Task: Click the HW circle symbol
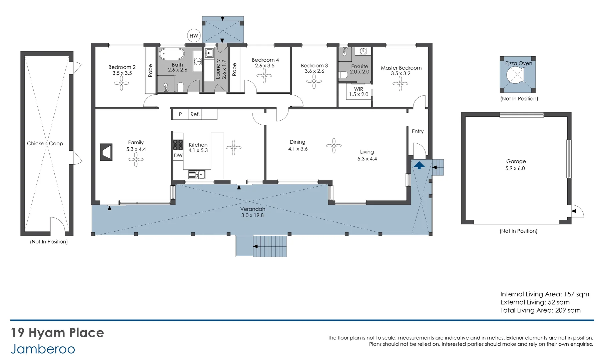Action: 194,36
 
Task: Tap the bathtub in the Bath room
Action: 171,54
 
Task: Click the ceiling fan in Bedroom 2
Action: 121,83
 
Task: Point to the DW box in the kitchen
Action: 178,155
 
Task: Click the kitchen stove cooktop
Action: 178,145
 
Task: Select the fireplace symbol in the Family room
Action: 106,152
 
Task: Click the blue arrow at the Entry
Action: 419,165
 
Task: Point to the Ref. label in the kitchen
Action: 195,114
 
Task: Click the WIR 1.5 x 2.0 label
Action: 359,92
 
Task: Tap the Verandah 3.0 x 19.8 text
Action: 252,212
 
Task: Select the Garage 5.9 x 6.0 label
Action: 516,165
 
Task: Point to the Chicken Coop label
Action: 45,143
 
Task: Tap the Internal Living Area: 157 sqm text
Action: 544,294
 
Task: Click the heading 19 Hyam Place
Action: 57,333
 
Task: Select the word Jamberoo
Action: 43,349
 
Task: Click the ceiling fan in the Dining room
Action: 334,146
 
